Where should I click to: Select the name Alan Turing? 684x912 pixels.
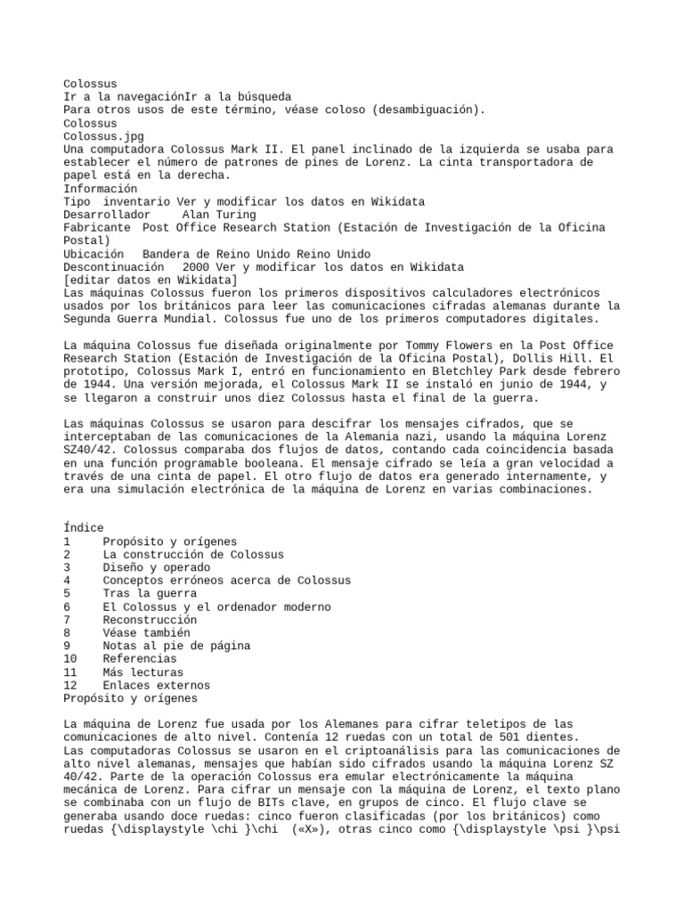[219, 215]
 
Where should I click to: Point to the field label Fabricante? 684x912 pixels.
[96, 228]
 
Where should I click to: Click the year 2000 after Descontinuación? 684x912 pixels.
[197, 267]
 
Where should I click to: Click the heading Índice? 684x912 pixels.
[84, 528]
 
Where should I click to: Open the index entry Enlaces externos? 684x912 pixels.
[157, 686]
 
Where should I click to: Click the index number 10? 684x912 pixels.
[70, 659]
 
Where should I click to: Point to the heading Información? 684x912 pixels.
[101, 189]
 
